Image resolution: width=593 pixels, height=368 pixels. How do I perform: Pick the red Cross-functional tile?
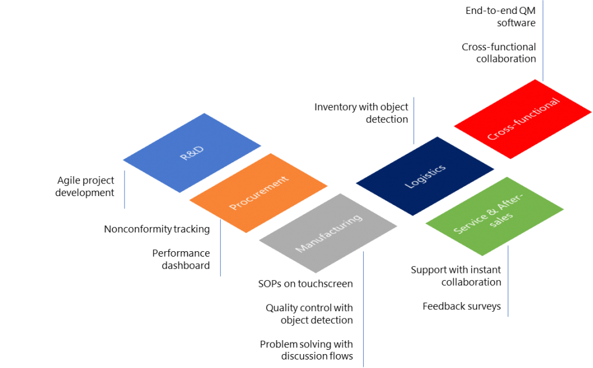pyautogui.click(x=523, y=119)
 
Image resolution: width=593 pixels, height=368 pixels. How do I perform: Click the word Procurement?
pyautogui.click(x=258, y=193)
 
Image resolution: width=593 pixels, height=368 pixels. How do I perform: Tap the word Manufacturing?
pyautogui.click(x=329, y=233)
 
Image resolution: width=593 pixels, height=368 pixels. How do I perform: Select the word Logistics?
pyautogui.click(x=425, y=176)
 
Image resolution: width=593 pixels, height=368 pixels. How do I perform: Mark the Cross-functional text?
pyautogui.click(x=523, y=119)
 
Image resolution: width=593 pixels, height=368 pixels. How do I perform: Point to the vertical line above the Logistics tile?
pyautogui.click(x=414, y=120)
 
